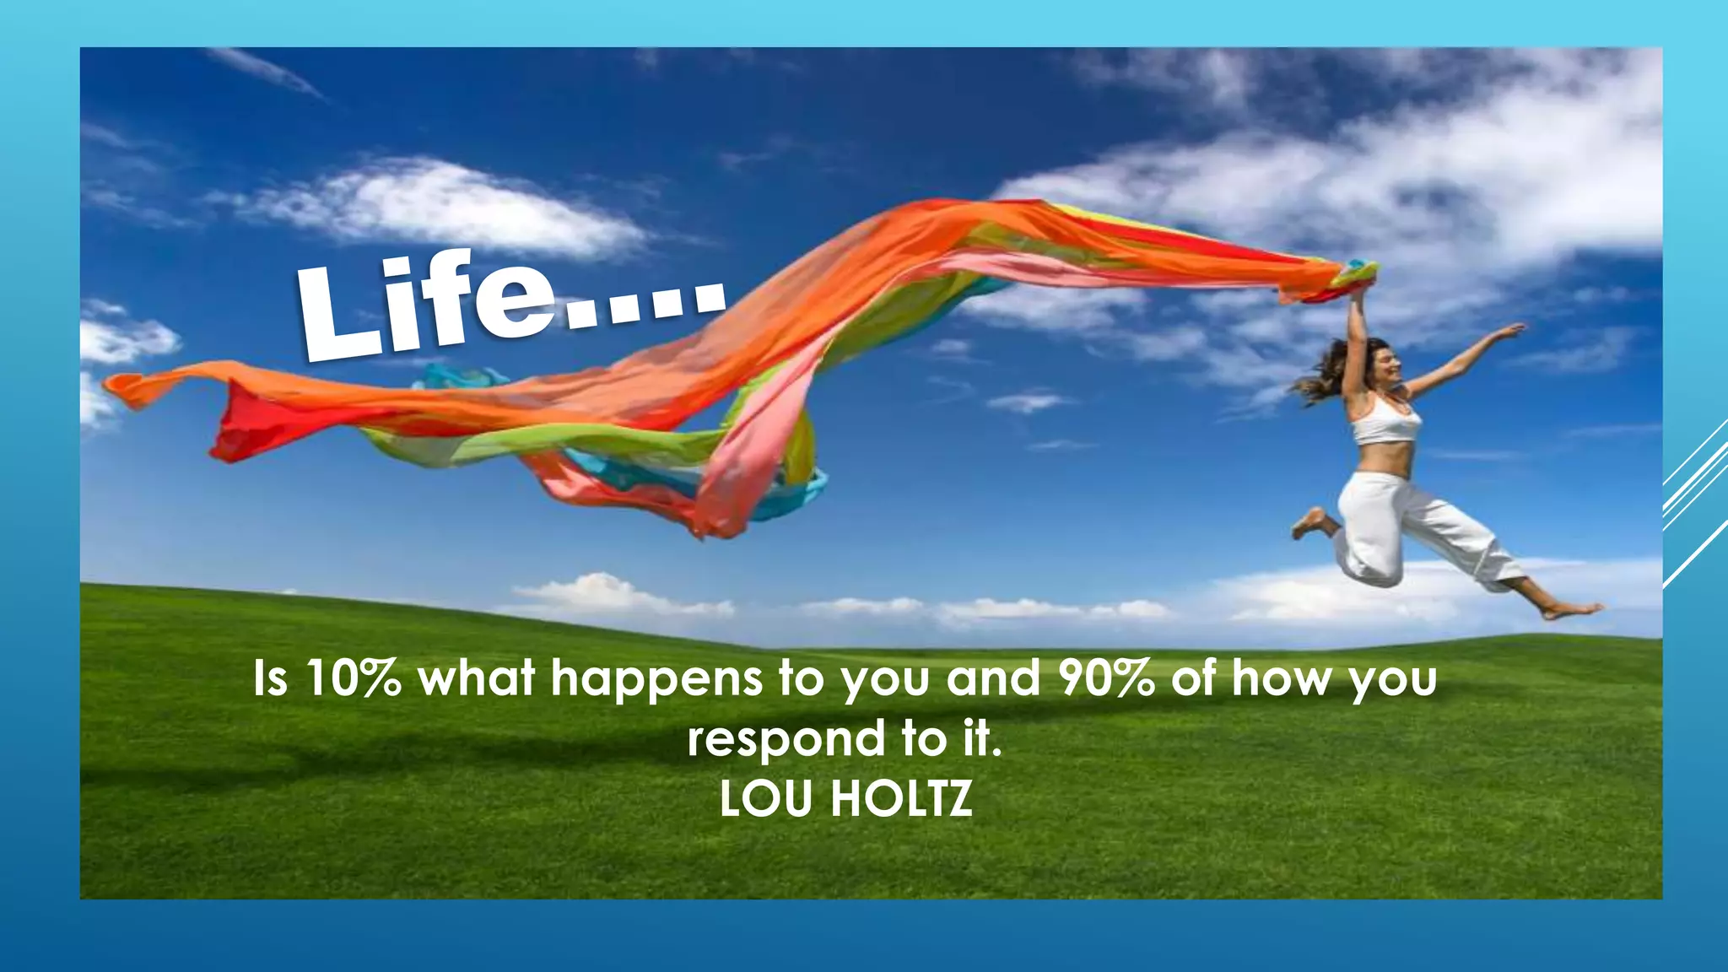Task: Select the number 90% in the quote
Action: tap(1106, 679)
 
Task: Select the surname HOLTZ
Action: tap(902, 799)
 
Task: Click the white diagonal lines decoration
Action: tap(1695, 506)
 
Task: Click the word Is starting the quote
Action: tap(270, 679)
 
